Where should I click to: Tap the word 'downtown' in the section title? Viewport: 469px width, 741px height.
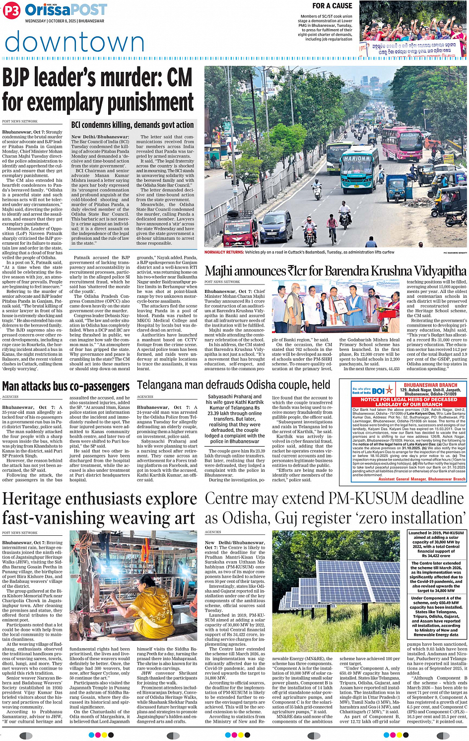74,43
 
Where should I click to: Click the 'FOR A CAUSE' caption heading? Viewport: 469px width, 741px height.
332,6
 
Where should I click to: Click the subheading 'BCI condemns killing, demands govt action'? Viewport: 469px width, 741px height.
133,125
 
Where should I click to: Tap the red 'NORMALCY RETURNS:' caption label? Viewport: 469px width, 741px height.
224,252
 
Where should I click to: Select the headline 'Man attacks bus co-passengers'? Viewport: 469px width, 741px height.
66,386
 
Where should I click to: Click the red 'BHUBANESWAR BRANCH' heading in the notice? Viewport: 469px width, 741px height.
430,385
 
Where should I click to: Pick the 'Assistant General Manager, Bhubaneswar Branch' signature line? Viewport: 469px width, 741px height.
422,479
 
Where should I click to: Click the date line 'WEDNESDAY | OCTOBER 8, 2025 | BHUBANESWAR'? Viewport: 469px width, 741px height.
65,21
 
